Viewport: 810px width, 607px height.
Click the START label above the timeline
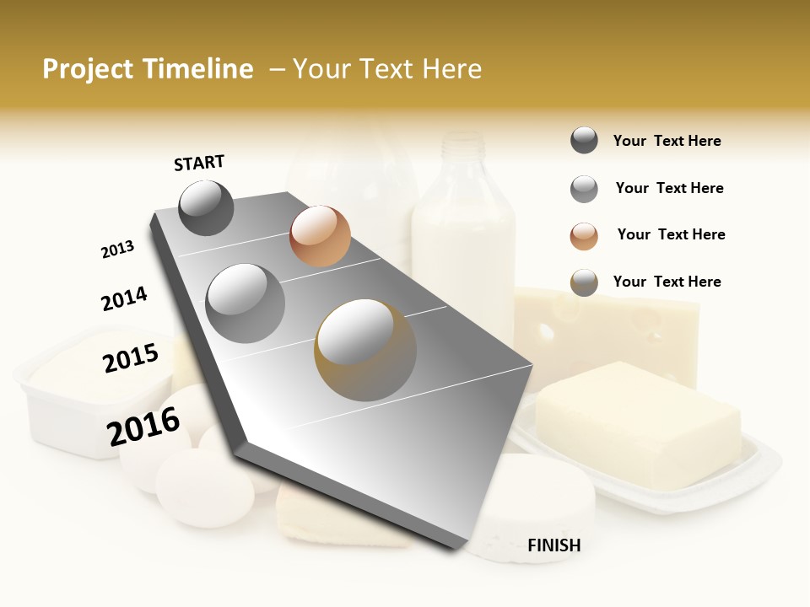(x=199, y=163)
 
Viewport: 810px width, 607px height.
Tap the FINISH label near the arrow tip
(x=553, y=545)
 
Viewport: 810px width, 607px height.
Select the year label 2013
(x=117, y=250)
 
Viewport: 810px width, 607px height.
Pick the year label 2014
(x=124, y=299)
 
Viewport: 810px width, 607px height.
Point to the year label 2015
(x=131, y=357)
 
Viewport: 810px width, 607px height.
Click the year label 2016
(x=143, y=427)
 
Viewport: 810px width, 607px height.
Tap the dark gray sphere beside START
(x=207, y=207)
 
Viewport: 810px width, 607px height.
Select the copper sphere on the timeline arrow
(x=320, y=236)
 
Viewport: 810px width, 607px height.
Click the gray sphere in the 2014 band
(x=246, y=303)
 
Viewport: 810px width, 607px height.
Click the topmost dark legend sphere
(x=584, y=141)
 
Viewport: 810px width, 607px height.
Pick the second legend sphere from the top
(x=584, y=189)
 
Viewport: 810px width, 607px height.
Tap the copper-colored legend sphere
(x=584, y=236)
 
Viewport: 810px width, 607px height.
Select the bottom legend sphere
(x=584, y=282)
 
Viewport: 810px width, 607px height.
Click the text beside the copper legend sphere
(x=671, y=234)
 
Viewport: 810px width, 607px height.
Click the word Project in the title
(x=89, y=69)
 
